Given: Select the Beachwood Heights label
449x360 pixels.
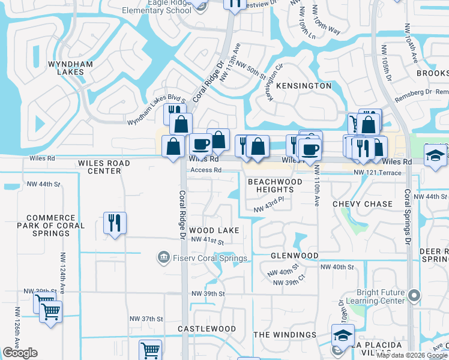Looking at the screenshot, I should [275, 185].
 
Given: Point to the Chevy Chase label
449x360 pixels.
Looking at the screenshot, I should [363, 204].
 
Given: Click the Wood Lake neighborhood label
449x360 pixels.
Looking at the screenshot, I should [214, 230].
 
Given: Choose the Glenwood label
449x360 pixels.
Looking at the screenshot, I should [294, 256].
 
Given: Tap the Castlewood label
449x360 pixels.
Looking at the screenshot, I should [207, 329].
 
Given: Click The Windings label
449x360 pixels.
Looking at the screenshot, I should [285, 335].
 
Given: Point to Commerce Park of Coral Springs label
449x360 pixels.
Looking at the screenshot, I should [55, 226].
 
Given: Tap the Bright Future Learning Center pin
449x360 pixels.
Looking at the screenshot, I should [413, 295].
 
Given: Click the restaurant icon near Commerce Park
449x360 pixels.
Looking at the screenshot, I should [113, 223].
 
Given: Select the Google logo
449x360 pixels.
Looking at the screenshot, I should [20, 353].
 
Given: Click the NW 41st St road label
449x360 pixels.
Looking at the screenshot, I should [207, 241].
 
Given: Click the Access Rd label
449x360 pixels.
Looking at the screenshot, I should [206, 170].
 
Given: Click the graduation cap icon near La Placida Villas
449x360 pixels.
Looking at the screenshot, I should [342, 335].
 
